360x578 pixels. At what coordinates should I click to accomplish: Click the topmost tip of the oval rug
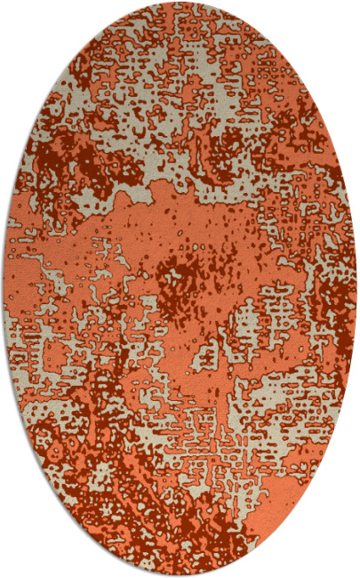point(180,4)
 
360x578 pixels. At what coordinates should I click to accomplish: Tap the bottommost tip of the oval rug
point(180,574)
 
